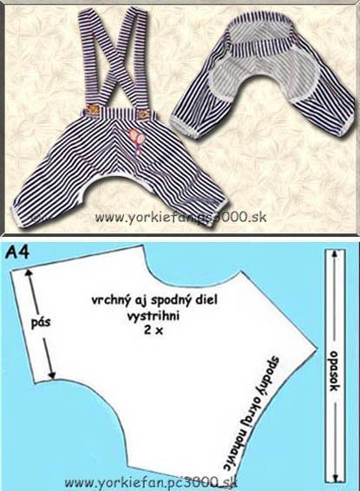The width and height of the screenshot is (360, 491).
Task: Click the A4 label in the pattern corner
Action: click(x=17, y=252)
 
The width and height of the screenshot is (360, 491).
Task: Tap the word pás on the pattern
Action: click(x=41, y=322)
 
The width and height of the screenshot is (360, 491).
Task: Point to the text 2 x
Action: click(x=154, y=331)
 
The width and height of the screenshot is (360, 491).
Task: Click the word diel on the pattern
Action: click(x=207, y=299)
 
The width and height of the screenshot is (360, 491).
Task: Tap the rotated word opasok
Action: click(x=334, y=371)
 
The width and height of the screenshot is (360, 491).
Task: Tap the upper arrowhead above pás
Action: click(x=29, y=272)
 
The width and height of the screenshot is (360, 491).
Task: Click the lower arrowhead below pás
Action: click(x=52, y=375)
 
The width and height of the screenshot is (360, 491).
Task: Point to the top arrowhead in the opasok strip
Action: click(x=335, y=253)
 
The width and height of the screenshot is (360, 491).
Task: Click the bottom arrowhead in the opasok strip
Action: click(x=335, y=478)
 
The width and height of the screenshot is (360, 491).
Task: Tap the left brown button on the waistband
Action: click(x=92, y=109)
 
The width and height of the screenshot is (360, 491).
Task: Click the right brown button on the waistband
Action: click(x=144, y=114)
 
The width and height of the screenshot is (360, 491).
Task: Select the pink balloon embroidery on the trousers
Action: click(x=137, y=141)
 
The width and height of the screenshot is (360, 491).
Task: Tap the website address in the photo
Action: click(x=180, y=218)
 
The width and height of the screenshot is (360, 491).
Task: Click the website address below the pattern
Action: click(x=151, y=482)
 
